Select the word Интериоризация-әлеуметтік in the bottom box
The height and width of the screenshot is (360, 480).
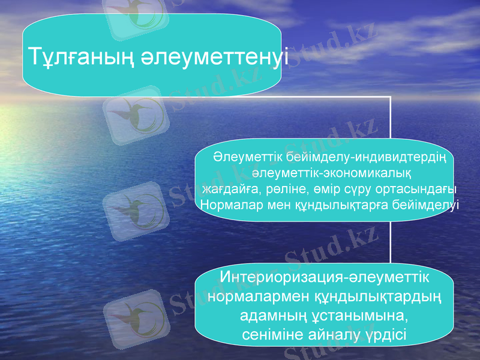[x=325, y=278]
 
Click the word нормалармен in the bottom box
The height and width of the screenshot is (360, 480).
[x=259, y=297]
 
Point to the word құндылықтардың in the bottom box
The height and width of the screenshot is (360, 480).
[x=379, y=297]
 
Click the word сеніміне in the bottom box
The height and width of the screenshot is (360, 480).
[x=272, y=334]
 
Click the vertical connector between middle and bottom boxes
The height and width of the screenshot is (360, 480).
[x=391, y=243]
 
